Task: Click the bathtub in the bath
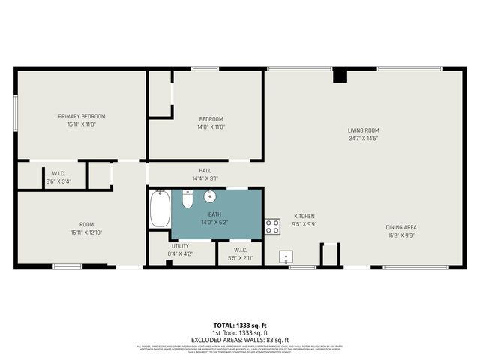pyautogui.click(x=160, y=209)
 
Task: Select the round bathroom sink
pyautogui.click(x=209, y=198)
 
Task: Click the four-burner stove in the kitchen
pyautogui.click(x=272, y=226)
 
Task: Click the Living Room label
pyautogui.click(x=363, y=130)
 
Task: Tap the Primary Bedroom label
pyautogui.click(x=82, y=116)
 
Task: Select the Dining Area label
pyautogui.click(x=400, y=227)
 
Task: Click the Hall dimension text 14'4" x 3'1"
pyautogui.click(x=205, y=178)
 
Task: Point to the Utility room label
pyautogui.click(x=180, y=245)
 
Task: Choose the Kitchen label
pyautogui.click(x=304, y=215)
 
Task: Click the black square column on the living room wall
pyautogui.click(x=340, y=76)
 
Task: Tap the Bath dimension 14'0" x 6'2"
pyautogui.click(x=210, y=223)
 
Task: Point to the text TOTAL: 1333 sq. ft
pyautogui.click(x=240, y=325)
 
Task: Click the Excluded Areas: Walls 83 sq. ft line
pyautogui.click(x=240, y=340)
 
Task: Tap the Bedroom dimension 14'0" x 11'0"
pyautogui.click(x=211, y=127)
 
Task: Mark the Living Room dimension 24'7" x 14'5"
pyautogui.click(x=363, y=138)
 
